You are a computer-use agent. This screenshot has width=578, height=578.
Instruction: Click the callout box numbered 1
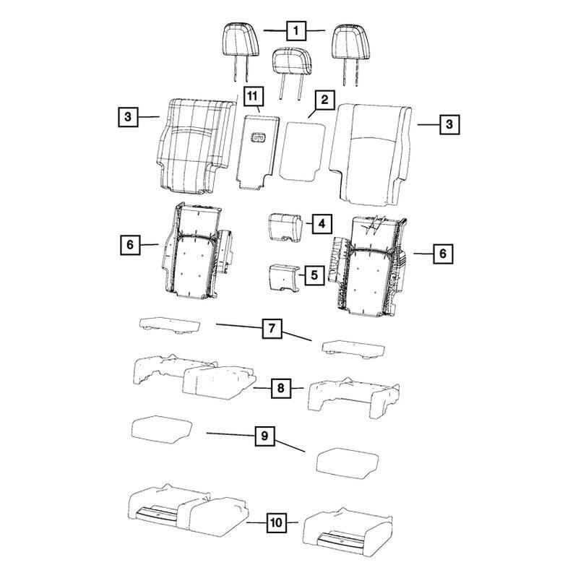(x=296, y=31)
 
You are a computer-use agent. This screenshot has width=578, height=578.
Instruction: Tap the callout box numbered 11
(x=251, y=95)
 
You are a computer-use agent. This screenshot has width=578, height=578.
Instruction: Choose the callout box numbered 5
(x=314, y=275)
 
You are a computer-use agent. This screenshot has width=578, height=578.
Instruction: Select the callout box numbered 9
(x=264, y=436)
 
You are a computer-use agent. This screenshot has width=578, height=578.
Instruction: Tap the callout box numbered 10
(x=276, y=521)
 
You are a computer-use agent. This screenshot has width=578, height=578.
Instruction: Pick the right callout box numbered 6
(x=443, y=254)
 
